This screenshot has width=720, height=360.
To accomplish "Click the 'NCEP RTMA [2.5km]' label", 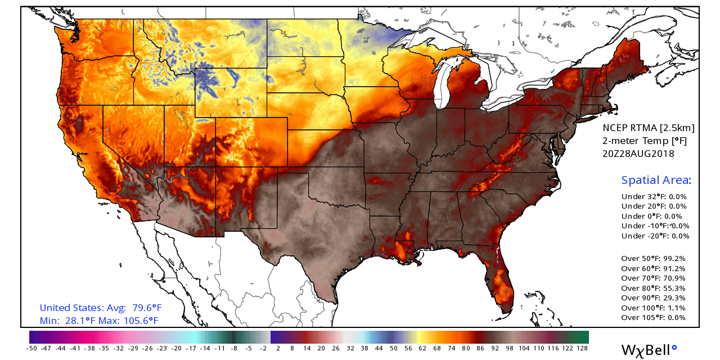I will click(648, 128).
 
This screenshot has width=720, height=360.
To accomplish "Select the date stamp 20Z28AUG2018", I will click(638, 154).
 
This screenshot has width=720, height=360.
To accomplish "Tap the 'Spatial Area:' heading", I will click(656, 181).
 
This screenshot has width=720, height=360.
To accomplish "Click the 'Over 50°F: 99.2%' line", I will click(653, 259).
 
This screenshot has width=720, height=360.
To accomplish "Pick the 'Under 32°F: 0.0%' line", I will click(654, 197).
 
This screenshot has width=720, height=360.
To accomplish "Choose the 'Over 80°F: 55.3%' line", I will click(653, 288).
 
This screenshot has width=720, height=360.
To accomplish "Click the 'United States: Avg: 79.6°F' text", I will click(101, 308).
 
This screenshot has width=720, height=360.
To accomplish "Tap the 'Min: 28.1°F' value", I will click(63, 321).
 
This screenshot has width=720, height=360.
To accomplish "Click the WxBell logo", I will click(649, 349).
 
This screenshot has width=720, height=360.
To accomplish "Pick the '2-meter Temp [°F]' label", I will click(644, 141).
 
